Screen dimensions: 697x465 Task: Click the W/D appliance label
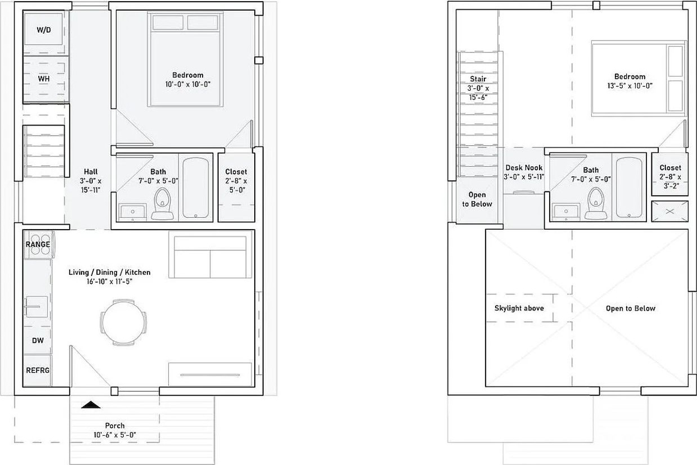[x=43, y=30]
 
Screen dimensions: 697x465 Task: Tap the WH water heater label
[x=43, y=78]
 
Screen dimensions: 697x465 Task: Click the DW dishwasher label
[x=38, y=341]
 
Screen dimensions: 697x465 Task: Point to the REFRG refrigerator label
[x=38, y=370]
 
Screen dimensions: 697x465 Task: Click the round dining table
[x=124, y=323]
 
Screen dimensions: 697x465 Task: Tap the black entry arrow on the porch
[x=91, y=405]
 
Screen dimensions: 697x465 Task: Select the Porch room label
[x=115, y=426]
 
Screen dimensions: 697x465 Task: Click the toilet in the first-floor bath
[x=162, y=204]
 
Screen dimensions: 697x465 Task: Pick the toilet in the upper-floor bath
[x=596, y=203]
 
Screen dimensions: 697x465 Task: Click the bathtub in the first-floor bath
[x=195, y=188]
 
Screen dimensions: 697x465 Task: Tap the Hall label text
[x=91, y=171]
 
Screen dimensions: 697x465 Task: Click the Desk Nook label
[x=524, y=168]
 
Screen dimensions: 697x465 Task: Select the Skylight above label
[x=519, y=308]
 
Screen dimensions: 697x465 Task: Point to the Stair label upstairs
[x=478, y=79]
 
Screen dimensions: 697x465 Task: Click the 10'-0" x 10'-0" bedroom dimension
[x=188, y=84]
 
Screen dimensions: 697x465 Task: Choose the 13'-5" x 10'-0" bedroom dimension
[x=630, y=86]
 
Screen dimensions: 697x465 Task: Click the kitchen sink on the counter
[x=37, y=307]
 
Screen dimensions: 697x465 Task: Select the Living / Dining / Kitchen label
[x=110, y=272]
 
